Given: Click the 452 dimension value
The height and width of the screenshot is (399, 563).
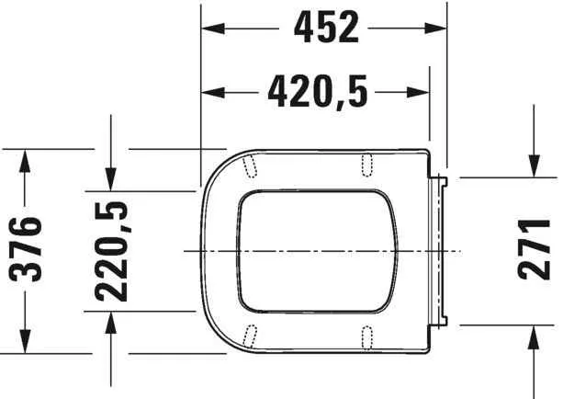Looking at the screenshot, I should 325,28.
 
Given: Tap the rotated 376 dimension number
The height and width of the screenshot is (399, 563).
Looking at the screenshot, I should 28,251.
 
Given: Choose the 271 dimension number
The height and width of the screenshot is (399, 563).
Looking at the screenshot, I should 535,250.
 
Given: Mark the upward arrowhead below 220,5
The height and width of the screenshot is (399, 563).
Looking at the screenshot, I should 111,321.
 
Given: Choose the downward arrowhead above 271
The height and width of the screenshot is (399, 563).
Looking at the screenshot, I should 535,165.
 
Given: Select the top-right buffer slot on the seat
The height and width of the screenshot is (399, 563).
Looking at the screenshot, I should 367,163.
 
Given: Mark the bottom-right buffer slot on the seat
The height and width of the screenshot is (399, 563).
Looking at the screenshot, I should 367,336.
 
